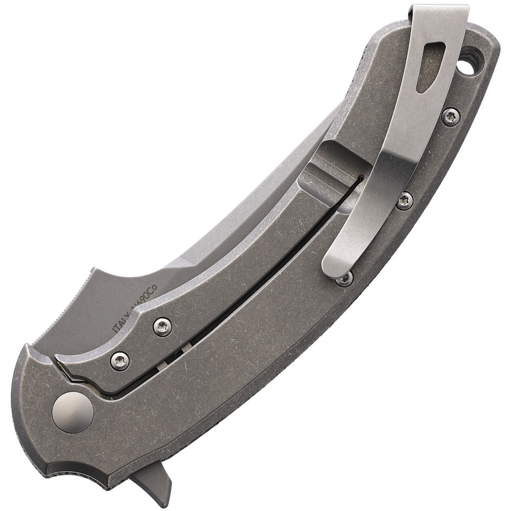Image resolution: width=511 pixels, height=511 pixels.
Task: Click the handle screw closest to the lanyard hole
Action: (x=450, y=116)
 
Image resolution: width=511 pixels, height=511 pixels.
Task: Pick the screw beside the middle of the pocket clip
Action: (x=405, y=200)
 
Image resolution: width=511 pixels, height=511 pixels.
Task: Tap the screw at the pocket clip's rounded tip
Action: (x=344, y=278)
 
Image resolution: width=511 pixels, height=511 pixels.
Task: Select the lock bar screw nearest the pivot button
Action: (x=120, y=360)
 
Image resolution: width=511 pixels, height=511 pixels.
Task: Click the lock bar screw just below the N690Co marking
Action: (x=162, y=326)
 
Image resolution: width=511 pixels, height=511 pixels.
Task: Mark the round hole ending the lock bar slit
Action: (x=360, y=179)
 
